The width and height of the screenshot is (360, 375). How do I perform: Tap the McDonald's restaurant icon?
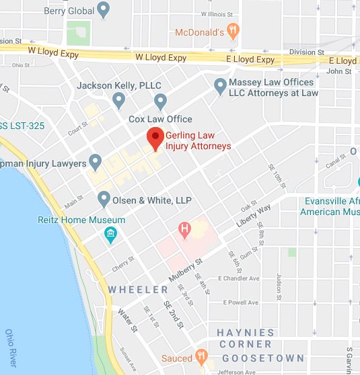pyautogui.click(x=233, y=30)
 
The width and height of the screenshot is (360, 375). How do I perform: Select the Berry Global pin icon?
pyautogui.click(x=103, y=9)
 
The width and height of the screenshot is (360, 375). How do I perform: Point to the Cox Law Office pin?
pyautogui.click(x=160, y=102)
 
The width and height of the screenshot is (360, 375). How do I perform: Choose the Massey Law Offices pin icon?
pyautogui.click(x=219, y=86)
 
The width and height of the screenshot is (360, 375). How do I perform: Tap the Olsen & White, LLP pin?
pyautogui.click(x=104, y=199)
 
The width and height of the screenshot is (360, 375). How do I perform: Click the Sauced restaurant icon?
pyautogui.click(x=201, y=357)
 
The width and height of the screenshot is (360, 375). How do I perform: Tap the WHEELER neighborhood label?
pyautogui.click(x=137, y=290)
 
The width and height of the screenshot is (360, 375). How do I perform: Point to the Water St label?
pyautogui.click(x=127, y=321)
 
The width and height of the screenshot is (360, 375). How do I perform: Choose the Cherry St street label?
pyautogui.click(x=124, y=265)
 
